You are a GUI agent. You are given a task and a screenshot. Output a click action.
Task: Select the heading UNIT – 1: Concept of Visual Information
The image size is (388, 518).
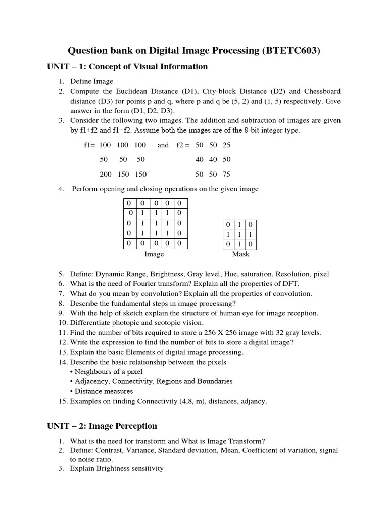(x=127, y=67)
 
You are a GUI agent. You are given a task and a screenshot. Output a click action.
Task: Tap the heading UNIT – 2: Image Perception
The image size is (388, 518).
(x=102, y=426)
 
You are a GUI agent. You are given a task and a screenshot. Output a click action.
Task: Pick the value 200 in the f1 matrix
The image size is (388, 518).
(x=105, y=174)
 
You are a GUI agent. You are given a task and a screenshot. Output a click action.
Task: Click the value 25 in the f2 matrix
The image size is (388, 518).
(x=226, y=145)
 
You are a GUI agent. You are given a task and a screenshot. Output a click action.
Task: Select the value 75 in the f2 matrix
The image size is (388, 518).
(x=226, y=174)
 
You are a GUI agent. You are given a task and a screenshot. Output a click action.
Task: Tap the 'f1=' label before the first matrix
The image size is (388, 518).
(x=89, y=145)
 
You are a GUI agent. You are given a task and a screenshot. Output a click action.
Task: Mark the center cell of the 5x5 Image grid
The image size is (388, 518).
(x=155, y=223)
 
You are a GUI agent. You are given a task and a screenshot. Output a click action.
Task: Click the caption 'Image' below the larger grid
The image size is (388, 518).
(x=154, y=254)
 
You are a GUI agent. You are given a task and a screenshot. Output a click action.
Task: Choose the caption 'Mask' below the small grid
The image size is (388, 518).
(x=240, y=254)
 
